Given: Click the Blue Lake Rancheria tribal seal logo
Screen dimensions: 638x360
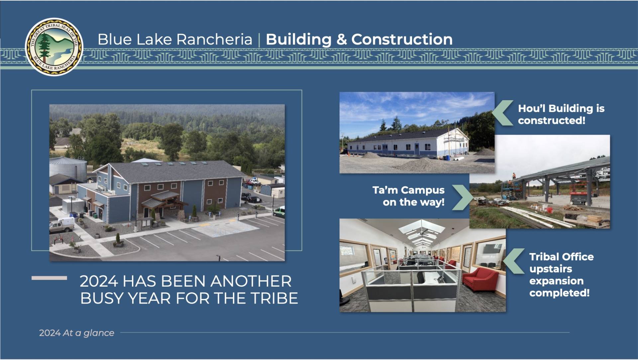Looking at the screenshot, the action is pyautogui.click(x=54, y=46).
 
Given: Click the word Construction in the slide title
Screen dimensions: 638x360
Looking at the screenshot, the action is pyautogui.click(x=402, y=39).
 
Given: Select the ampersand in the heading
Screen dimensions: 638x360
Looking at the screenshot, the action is pyautogui.click(x=342, y=40).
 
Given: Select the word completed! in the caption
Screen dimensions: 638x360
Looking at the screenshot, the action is pyautogui.click(x=560, y=293).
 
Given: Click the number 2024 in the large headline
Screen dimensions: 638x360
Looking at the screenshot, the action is pyautogui.click(x=99, y=281).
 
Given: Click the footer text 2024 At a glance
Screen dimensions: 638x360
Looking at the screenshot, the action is pyautogui.click(x=76, y=333).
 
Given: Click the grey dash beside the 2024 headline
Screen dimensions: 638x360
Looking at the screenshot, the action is pyautogui.click(x=49, y=278).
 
